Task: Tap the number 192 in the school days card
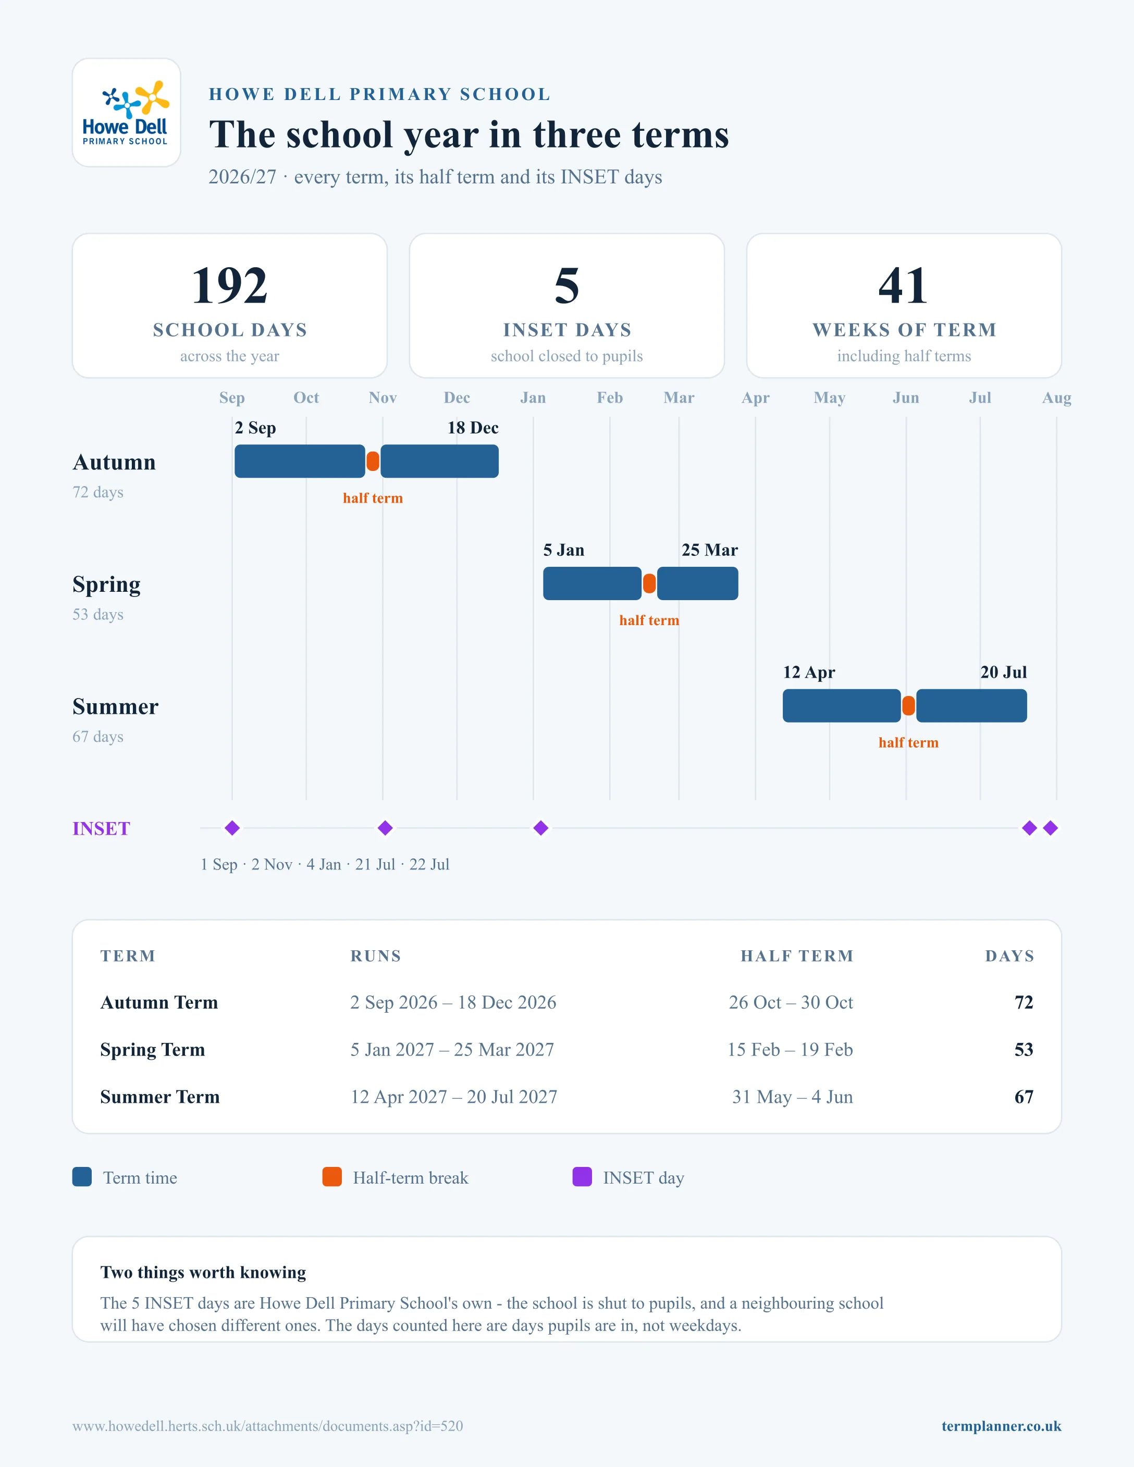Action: pyautogui.click(x=230, y=285)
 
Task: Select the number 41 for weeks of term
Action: pyautogui.click(x=904, y=285)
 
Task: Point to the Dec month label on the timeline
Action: pyautogui.click(x=457, y=397)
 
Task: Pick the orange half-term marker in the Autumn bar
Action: pyautogui.click(x=373, y=462)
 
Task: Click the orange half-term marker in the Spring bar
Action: pyautogui.click(x=649, y=583)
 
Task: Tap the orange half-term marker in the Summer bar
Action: pyautogui.click(x=908, y=706)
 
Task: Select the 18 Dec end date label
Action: pyautogui.click(x=473, y=428)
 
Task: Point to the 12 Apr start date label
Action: pyautogui.click(x=809, y=673)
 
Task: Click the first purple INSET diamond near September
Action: pyautogui.click(x=232, y=828)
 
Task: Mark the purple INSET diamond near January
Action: pyautogui.click(x=541, y=828)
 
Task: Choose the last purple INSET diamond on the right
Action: pyautogui.click(x=1051, y=828)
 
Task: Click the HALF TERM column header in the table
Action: pyautogui.click(x=797, y=956)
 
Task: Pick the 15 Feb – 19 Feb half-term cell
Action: pyautogui.click(x=790, y=1049)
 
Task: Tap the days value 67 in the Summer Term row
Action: pyautogui.click(x=1024, y=1097)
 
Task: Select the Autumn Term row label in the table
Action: pyautogui.click(x=159, y=1002)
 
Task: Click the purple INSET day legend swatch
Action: pyautogui.click(x=582, y=1177)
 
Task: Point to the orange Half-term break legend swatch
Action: pyautogui.click(x=332, y=1177)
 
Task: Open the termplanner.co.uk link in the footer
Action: pyautogui.click(x=1001, y=1426)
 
